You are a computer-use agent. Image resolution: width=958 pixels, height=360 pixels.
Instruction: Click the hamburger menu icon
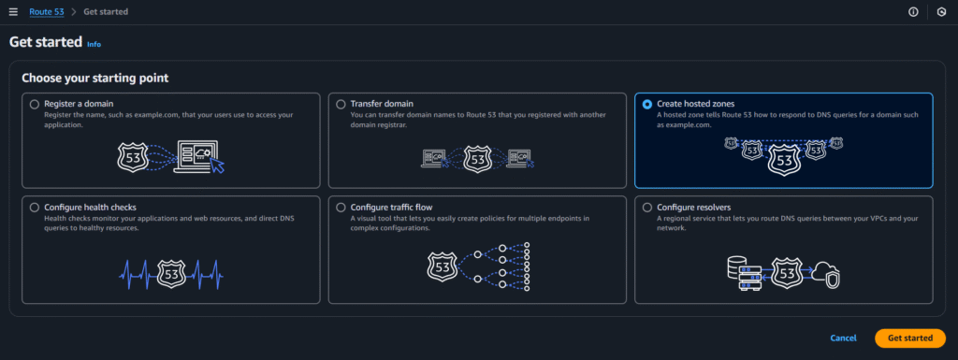point(13,12)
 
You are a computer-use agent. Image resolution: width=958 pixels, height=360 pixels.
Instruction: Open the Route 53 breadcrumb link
point(46,12)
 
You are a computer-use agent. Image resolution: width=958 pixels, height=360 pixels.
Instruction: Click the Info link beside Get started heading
point(94,44)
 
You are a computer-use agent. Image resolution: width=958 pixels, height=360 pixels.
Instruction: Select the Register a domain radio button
point(35,104)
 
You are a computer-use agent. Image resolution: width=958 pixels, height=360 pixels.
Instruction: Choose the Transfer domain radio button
point(341,104)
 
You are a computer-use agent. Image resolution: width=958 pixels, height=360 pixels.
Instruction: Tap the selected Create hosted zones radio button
point(647,104)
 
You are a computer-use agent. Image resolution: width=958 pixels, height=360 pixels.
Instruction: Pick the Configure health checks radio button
point(35,207)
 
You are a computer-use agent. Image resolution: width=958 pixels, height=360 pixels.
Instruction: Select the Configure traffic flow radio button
point(341,207)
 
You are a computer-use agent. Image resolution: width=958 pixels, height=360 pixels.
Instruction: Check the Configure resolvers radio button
point(647,207)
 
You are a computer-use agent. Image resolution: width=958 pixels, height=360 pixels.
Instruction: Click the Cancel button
point(843,338)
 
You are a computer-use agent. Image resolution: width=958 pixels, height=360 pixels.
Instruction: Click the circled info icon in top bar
point(913,12)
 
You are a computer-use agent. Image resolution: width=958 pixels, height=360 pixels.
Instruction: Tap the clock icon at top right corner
point(941,12)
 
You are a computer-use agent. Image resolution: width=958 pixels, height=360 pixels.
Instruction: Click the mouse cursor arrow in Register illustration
point(218,166)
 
